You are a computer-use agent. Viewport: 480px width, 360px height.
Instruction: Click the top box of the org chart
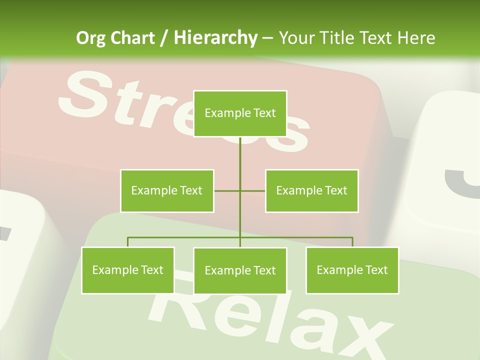click(240, 113)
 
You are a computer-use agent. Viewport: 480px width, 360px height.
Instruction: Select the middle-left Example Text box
click(167, 190)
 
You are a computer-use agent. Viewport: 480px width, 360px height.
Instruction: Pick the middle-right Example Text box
click(311, 190)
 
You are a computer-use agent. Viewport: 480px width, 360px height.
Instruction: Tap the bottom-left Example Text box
click(128, 270)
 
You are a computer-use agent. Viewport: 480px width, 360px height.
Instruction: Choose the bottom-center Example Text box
click(240, 270)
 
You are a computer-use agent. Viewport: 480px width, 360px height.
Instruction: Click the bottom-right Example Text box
click(352, 270)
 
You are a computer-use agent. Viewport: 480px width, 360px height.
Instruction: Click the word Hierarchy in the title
click(215, 38)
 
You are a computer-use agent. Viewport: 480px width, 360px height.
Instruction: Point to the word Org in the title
click(90, 38)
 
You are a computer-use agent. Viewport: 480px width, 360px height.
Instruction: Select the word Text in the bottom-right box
click(376, 270)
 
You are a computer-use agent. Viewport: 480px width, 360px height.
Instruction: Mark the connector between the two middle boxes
click(239, 190)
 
